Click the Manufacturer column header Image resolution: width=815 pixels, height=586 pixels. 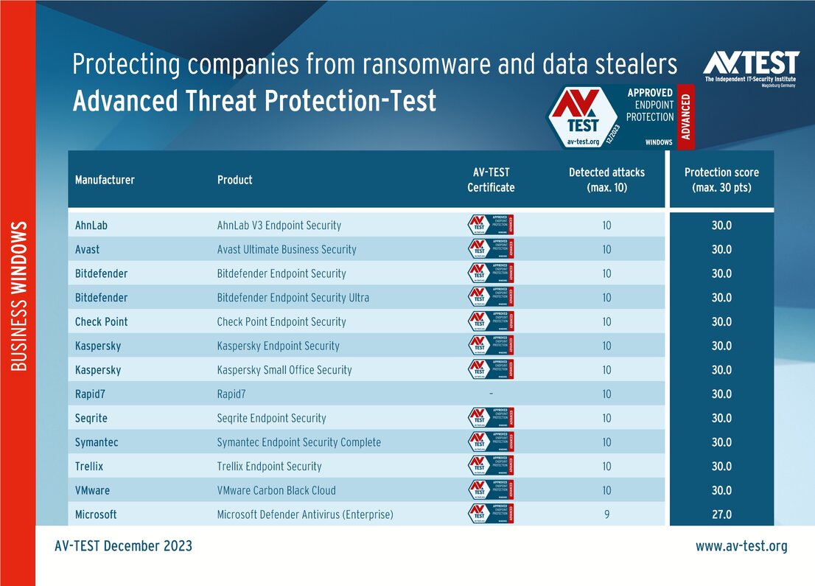[105, 180]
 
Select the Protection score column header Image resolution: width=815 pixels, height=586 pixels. [721, 180]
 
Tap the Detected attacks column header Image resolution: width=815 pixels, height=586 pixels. [606, 180]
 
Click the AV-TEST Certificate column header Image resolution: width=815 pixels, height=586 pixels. [491, 180]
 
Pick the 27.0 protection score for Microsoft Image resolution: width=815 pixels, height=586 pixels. [721, 515]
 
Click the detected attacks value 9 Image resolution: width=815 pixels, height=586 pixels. [606, 515]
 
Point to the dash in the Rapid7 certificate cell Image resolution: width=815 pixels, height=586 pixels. [491, 394]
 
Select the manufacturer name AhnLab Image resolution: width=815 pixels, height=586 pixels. [91, 225]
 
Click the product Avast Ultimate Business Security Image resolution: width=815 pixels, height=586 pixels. [287, 249]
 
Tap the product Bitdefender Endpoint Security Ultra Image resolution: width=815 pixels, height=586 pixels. [293, 298]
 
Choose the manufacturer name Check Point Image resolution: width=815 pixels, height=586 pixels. [101, 321]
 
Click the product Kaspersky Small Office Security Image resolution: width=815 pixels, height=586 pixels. [284, 370]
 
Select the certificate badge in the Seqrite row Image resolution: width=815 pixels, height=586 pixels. [491, 418]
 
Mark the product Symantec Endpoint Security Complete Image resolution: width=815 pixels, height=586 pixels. [298, 442]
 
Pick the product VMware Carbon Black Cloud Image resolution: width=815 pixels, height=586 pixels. [276, 490]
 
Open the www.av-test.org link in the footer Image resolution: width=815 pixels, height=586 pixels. [741, 546]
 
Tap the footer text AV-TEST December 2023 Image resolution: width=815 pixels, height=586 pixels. [123, 546]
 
